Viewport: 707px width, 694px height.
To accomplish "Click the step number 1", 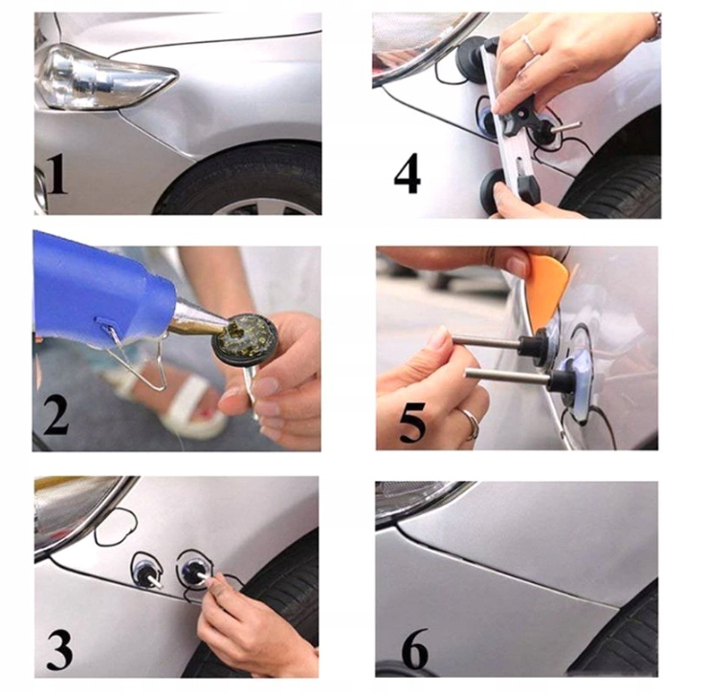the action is (56, 175).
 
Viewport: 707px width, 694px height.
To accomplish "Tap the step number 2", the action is (56, 414).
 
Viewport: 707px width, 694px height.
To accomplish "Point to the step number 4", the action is (408, 174).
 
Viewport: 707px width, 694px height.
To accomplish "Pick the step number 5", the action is (412, 423).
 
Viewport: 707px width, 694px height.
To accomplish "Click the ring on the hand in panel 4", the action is (531, 45).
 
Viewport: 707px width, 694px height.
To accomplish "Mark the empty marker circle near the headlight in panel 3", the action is (116, 526).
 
